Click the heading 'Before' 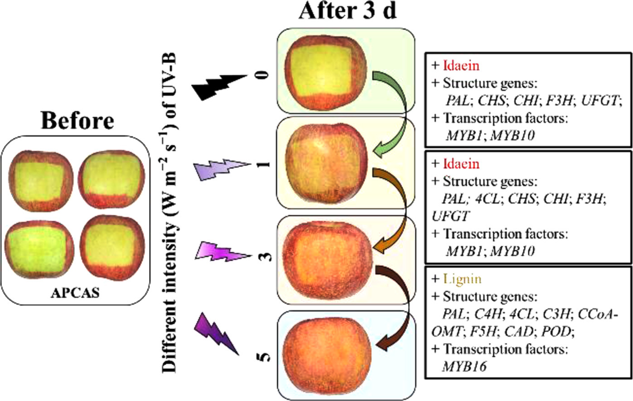click(77, 121)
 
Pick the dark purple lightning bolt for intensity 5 click(217, 333)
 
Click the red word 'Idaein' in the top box click(461, 66)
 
